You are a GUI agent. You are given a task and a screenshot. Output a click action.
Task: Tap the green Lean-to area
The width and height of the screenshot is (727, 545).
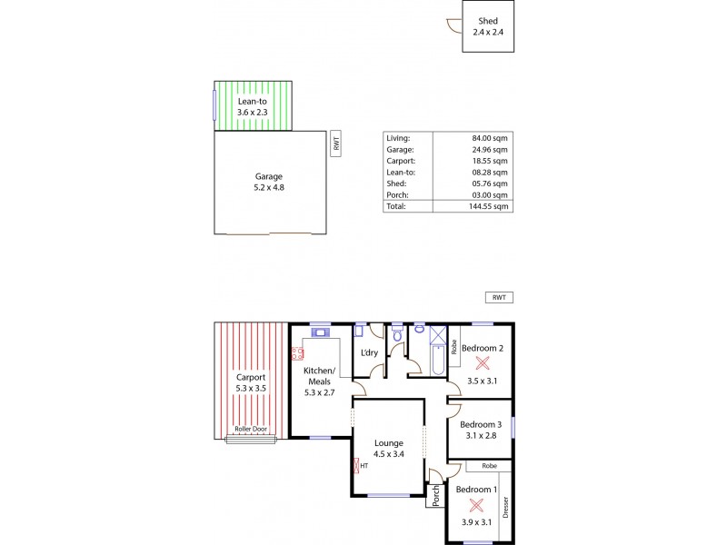(x=254, y=106)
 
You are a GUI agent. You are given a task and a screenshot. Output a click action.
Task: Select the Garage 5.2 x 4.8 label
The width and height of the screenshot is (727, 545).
(x=268, y=182)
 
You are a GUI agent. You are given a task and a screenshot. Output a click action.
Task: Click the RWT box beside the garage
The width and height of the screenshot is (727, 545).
(x=336, y=143)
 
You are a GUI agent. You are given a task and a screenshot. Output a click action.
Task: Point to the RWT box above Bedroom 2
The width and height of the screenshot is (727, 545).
(x=498, y=297)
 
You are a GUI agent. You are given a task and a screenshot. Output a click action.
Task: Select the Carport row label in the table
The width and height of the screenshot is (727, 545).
(x=401, y=160)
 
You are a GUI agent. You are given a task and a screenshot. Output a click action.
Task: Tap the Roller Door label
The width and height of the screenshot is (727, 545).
(x=252, y=429)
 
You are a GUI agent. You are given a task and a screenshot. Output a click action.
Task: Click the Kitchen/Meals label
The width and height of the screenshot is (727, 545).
(x=319, y=375)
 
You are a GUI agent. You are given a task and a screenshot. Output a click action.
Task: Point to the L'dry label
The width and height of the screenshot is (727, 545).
(x=370, y=352)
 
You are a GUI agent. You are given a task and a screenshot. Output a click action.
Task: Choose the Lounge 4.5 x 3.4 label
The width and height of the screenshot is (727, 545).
(x=388, y=449)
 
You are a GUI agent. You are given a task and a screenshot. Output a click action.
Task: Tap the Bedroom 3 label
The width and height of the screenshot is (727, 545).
(x=481, y=430)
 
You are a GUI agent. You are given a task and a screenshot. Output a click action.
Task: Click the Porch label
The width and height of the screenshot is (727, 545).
(x=436, y=495)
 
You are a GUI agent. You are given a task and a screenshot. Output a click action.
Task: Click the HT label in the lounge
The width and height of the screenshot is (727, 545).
(x=363, y=466)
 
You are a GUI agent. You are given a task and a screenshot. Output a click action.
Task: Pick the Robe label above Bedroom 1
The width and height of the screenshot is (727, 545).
(x=488, y=466)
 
